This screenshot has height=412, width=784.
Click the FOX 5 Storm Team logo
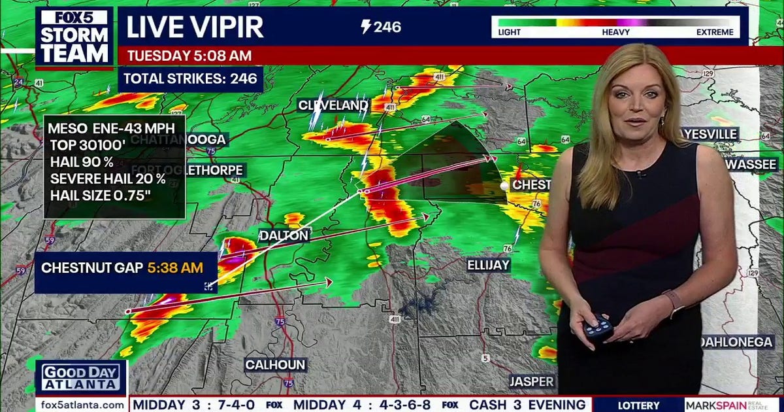click(x=74, y=37)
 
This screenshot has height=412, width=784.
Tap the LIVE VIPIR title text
click(x=195, y=27)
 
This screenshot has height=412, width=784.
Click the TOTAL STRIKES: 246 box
click(x=191, y=79)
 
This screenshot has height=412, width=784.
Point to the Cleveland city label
click(x=333, y=105)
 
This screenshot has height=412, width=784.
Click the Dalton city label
click(x=284, y=235)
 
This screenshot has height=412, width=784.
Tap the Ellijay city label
click(x=488, y=265)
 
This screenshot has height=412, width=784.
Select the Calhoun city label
click(x=275, y=365)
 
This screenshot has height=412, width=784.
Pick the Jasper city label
click(x=531, y=381)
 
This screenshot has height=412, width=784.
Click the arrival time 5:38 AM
click(x=174, y=267)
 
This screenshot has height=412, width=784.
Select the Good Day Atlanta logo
click(x=81, y=377)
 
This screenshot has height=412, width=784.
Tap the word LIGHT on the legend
click(x=510, y=31)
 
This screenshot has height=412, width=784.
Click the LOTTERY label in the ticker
click(x=638, y=405)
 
